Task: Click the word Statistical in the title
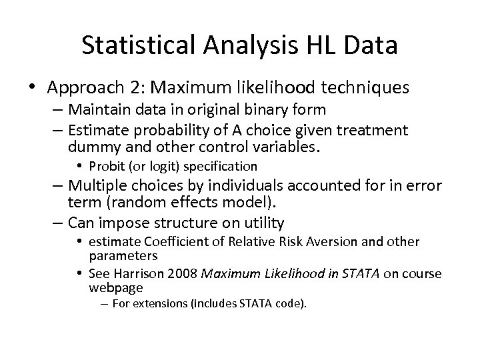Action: click(x=137, y=45)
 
